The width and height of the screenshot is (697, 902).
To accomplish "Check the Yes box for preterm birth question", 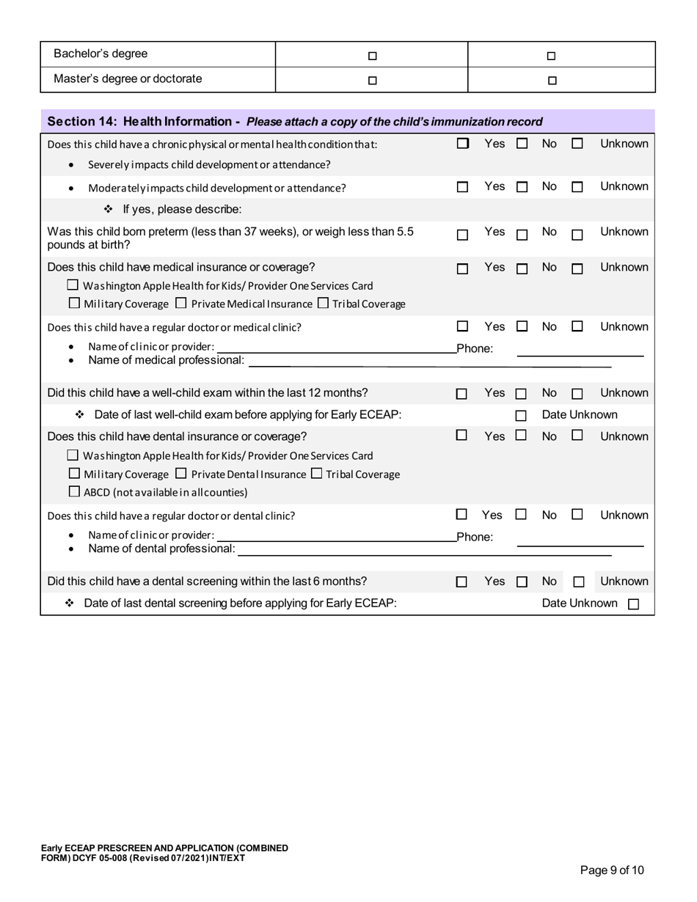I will tap(462, 235).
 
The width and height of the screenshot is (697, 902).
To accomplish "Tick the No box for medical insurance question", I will tap(522, 269).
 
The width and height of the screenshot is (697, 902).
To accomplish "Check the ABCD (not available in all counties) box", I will tap(73, 491).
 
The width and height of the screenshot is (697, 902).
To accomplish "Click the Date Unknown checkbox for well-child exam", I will tap(522, 416).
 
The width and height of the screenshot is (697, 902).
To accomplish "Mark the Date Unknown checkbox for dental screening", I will tap(634, 605).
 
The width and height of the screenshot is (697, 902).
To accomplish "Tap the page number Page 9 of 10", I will tap(612, 870).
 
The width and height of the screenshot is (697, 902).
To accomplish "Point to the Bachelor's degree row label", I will tap(101, 54).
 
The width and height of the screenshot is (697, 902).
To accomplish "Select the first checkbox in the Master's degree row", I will tap(372, 81).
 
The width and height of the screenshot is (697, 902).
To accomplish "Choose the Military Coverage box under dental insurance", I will tap(73, 474).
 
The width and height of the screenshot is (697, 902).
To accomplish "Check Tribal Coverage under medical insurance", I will tap(323, 303).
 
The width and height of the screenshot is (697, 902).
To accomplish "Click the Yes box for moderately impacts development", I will tap(462, 188).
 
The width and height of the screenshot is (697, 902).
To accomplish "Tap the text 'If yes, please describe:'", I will tap(182, 210).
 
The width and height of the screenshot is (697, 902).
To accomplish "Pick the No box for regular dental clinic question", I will tap(521, 515).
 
